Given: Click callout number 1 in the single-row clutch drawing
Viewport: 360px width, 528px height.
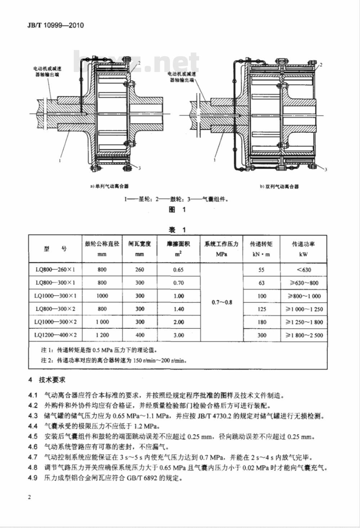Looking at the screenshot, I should [x=60, y=161].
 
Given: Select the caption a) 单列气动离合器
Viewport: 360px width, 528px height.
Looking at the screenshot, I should [x=109, y=186].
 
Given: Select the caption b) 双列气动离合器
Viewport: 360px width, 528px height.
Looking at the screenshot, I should [x=279, y=186].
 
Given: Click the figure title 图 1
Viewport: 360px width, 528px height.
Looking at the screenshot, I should [x=177, y=210].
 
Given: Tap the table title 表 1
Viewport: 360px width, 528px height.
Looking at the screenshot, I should [x=177, y=230].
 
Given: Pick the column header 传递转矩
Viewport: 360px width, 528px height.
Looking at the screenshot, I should [x=261, y=244].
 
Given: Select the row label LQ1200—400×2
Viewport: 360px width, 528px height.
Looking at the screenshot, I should [x=55, y=335].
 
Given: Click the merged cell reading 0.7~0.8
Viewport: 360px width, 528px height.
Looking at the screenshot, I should [x=222, y=302].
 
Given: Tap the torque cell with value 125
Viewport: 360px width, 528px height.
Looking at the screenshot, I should [x=262, y=309].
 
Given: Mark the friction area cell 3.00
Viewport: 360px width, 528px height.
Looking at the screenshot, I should [x=179, y=335].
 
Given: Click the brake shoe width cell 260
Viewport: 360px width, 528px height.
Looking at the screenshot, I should [x=139, y=270].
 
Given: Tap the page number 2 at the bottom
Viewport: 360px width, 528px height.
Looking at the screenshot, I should [x=30, y=497].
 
